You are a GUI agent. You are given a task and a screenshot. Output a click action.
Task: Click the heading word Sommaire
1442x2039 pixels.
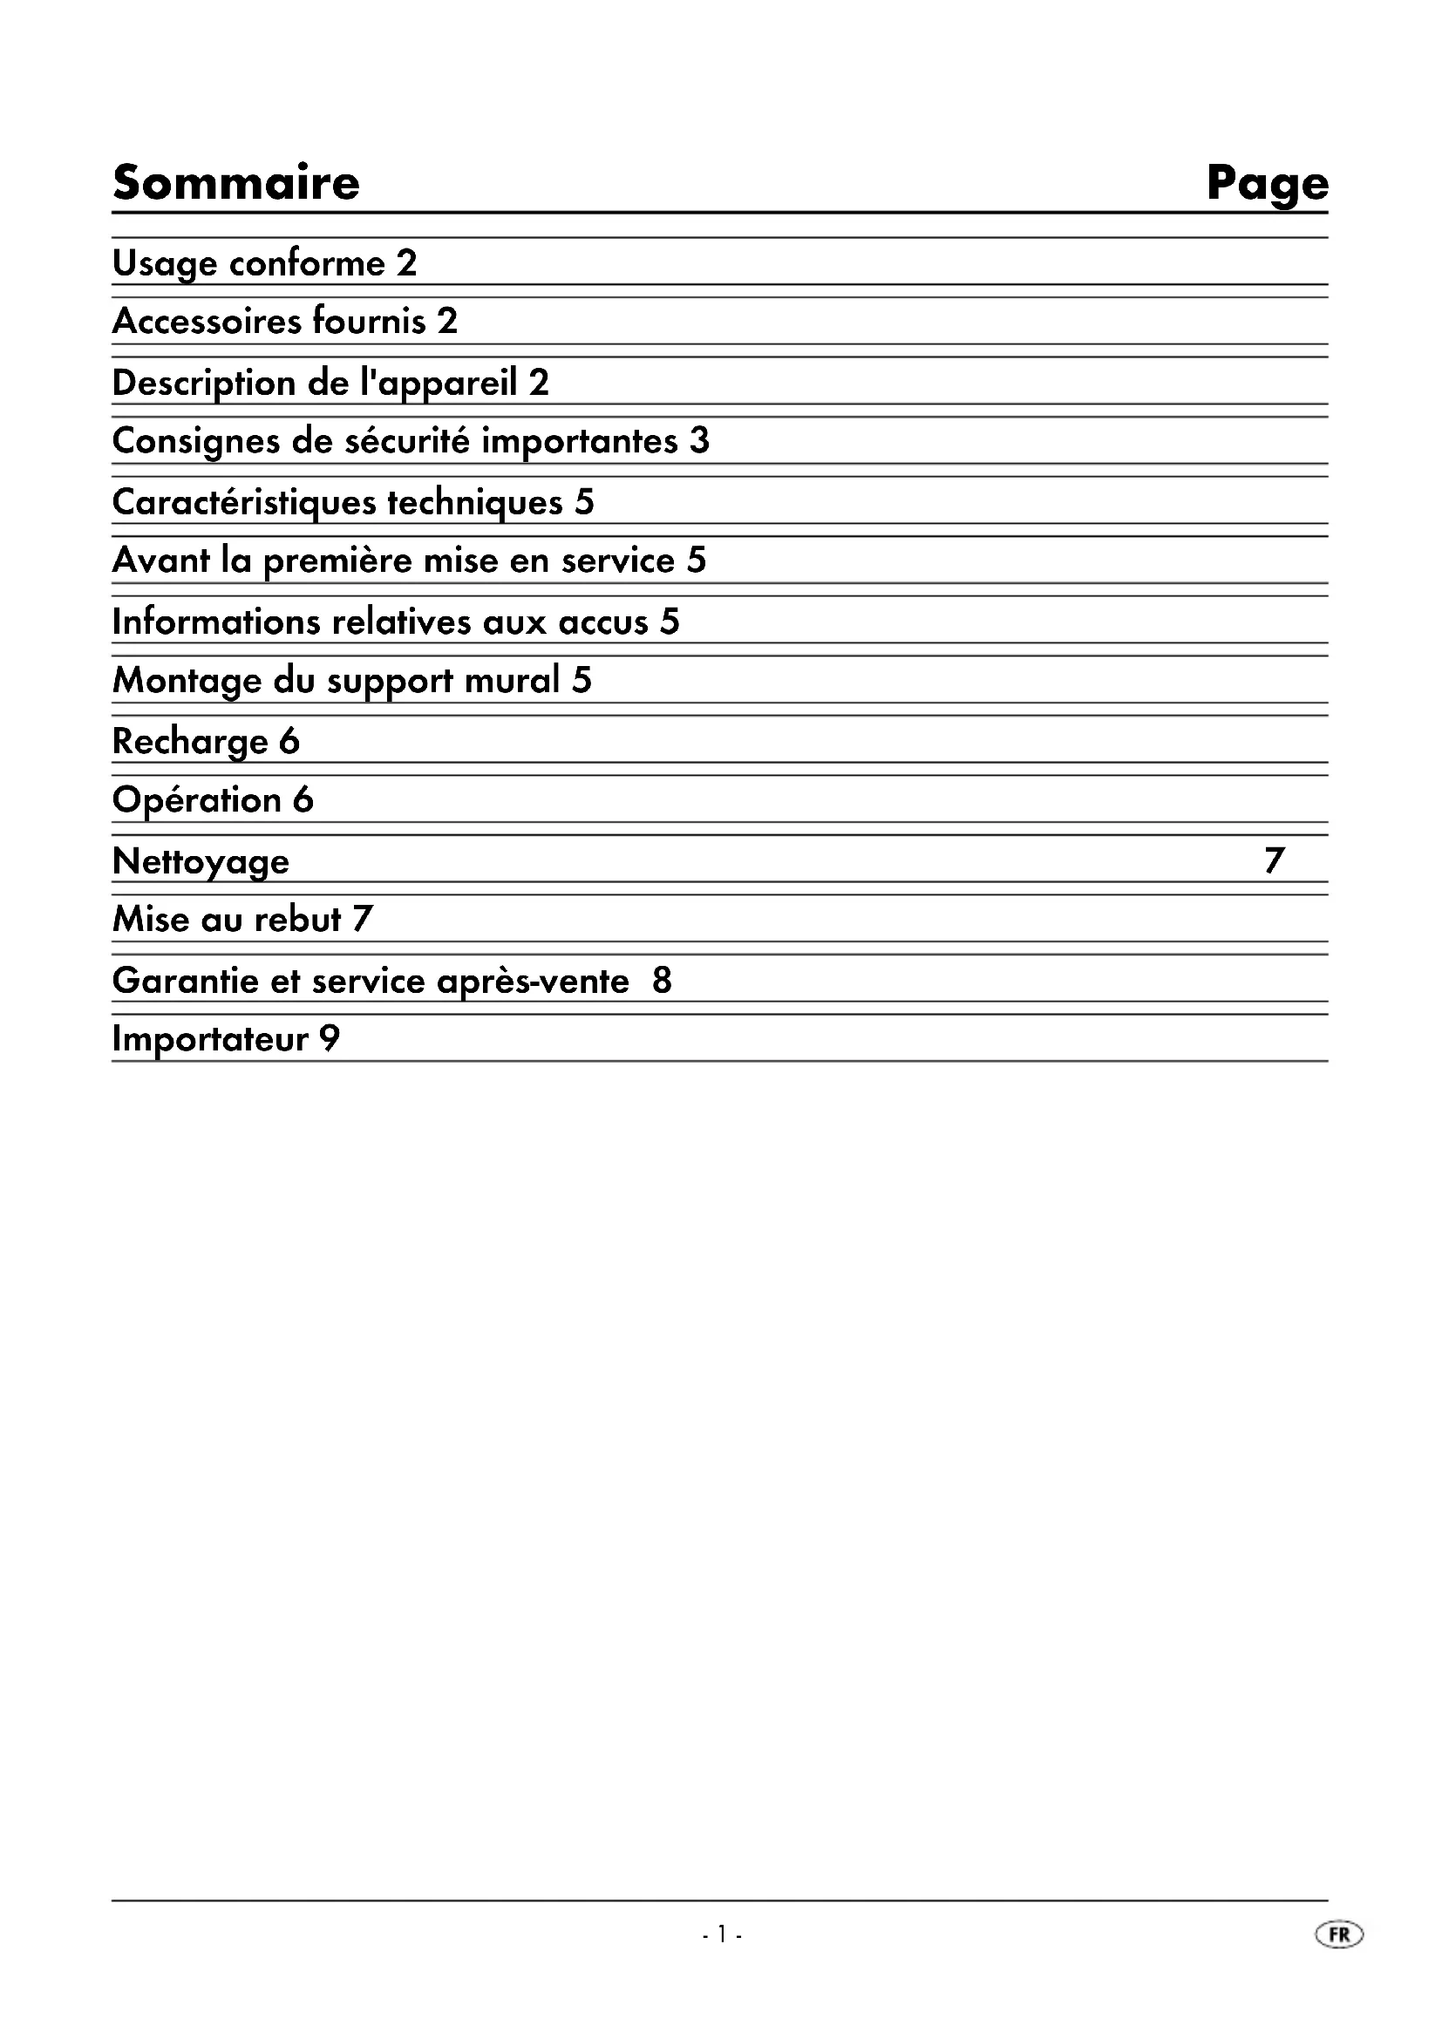[236, 183]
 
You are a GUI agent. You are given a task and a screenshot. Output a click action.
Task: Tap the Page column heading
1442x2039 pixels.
[1267, 185]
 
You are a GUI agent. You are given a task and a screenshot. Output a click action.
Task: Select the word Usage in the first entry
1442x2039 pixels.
[164, 264]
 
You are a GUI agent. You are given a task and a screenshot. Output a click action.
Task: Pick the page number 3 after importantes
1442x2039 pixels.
[700, 441]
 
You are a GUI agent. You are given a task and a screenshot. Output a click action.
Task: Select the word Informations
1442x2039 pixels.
[215, 622]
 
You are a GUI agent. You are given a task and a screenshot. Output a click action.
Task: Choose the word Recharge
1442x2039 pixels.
[190, 743]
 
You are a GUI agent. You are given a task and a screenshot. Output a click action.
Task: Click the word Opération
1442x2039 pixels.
[197, 800]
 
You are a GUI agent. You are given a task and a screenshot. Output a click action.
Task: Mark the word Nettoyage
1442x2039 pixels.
[201, 862]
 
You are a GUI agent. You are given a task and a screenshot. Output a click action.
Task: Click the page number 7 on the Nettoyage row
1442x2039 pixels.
[1275, 860]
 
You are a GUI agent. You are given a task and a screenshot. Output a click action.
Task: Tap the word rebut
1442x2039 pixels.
[297, 919]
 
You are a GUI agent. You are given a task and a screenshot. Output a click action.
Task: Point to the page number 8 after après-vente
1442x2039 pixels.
[663, 981]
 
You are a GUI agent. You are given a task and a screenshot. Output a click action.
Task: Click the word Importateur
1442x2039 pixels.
[209, 1040]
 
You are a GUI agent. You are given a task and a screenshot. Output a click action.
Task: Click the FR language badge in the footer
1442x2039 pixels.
[1339, 1934]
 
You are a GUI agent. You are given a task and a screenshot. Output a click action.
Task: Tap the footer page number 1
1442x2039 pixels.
[722, 1934]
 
